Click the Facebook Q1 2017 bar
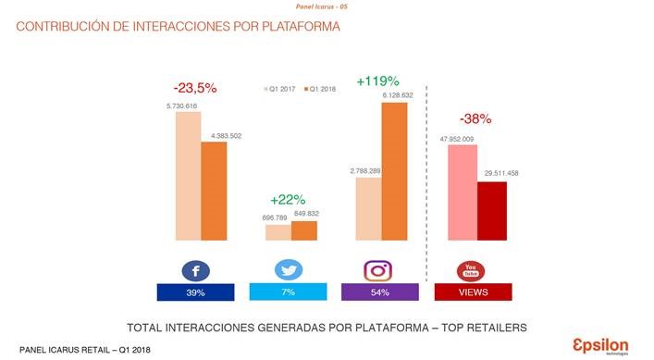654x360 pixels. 188,177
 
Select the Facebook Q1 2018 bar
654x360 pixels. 214,191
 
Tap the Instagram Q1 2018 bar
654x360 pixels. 394,171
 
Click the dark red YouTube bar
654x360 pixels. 491,211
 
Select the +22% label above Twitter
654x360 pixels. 288,199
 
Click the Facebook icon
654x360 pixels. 196,271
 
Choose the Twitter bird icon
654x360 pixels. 289,270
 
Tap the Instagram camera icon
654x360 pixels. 377,271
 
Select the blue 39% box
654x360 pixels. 196,292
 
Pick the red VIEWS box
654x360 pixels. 474,292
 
